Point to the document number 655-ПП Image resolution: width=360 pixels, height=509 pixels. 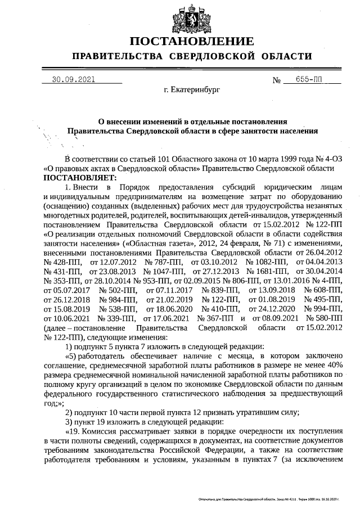coord(310,80)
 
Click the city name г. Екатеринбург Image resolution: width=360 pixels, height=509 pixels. coord(192,90)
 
